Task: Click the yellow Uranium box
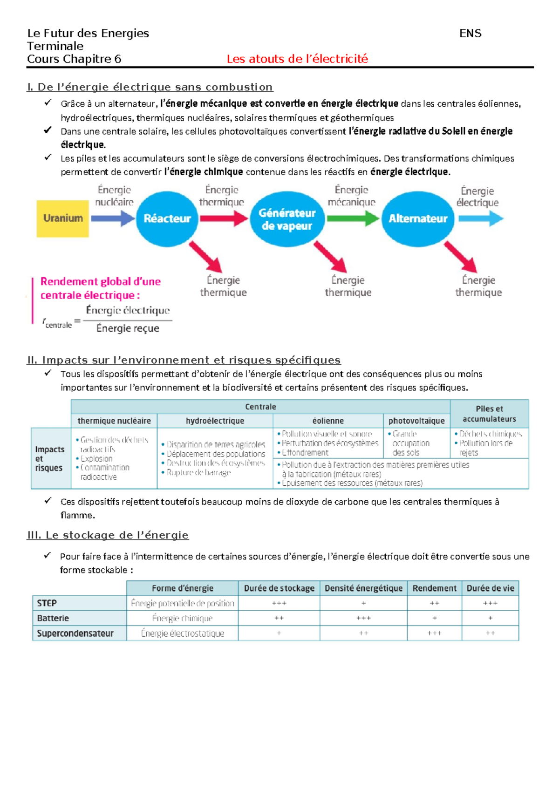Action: coord(62,218)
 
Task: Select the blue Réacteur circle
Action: coord(167,218)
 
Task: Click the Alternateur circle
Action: coord(417,218)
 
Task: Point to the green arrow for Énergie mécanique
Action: coord(353,218)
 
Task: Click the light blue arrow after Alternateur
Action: coord(481,218)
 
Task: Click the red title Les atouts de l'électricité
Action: coord(297,59)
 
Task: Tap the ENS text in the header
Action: coord(470,34)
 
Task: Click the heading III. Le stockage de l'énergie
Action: coord(108,535)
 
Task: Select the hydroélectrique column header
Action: coord(215,421)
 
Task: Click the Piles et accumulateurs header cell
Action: coord(489,414)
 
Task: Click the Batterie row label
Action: coord(53,618)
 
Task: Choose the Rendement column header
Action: coord(434,588)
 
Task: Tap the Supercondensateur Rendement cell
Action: coord(434,633)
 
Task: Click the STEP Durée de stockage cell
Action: coord(279,603)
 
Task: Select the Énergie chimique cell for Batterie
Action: coord(182,618)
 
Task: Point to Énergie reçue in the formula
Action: coord(128,328)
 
